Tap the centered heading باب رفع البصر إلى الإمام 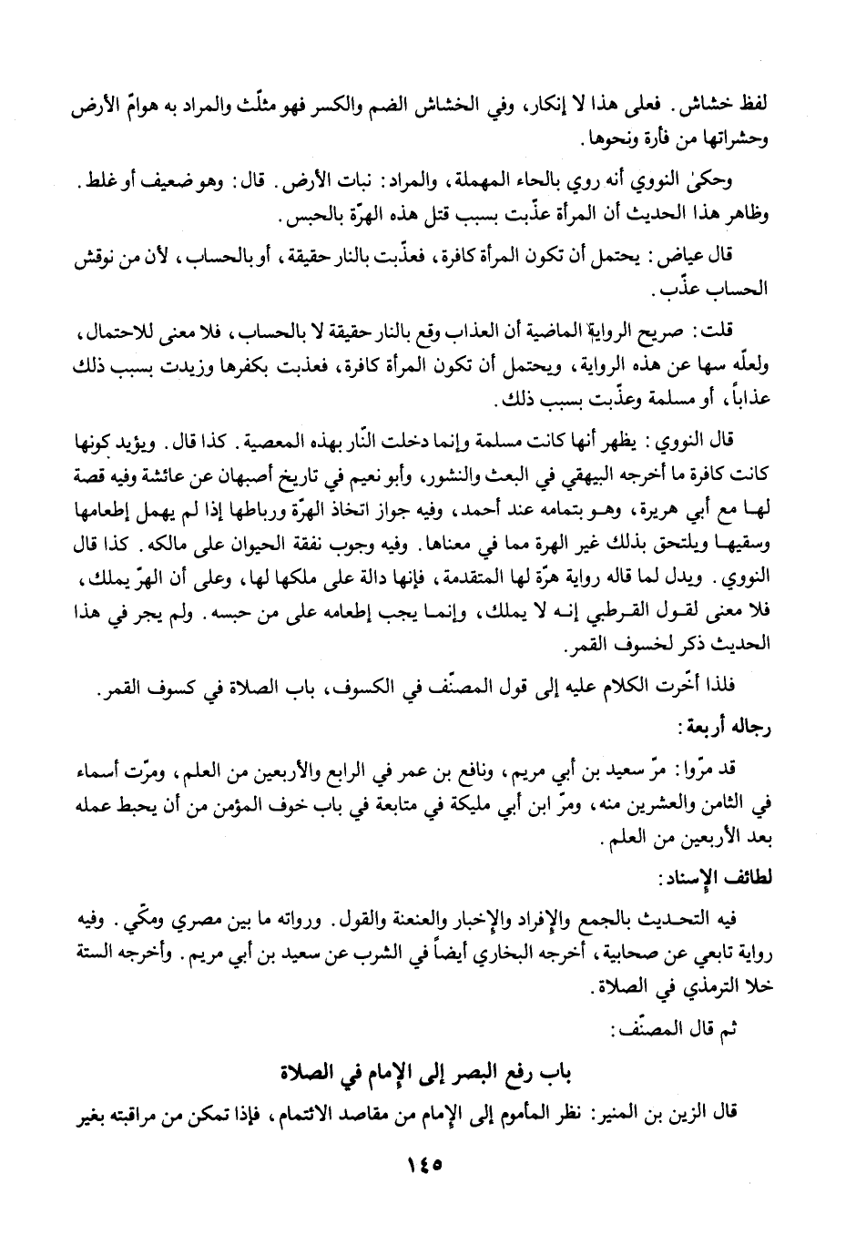(x=428, y=1067)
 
